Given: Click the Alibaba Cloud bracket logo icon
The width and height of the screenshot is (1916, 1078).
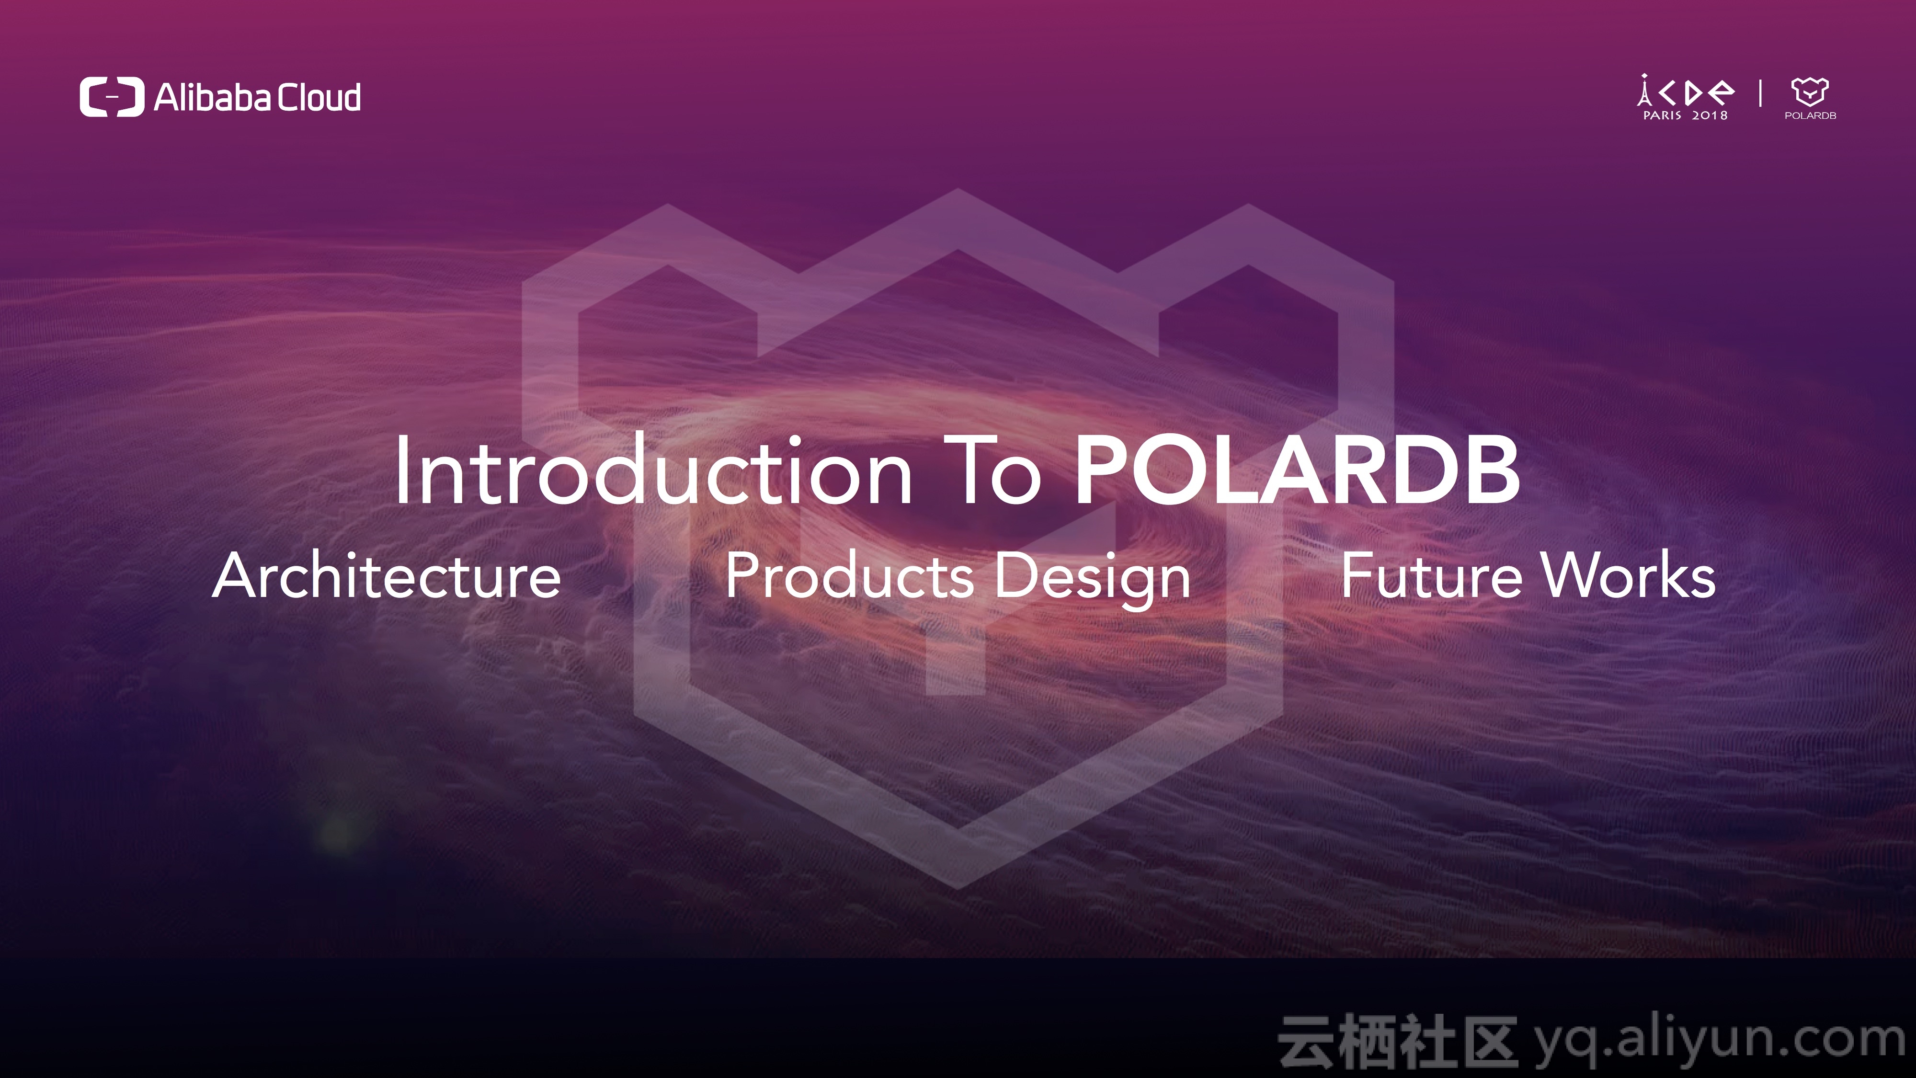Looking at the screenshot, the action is coord(112,97).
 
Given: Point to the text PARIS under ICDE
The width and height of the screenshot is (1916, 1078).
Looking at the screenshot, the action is coord(1662,115).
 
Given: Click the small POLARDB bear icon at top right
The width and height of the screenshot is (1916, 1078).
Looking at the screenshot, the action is coord(1810,92).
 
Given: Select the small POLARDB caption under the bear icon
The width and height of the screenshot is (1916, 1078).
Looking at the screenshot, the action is coord(1811,115).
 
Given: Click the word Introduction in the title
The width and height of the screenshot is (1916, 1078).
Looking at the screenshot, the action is coord(653,471).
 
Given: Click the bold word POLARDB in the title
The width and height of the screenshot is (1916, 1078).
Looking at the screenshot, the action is coord(1297,471).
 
